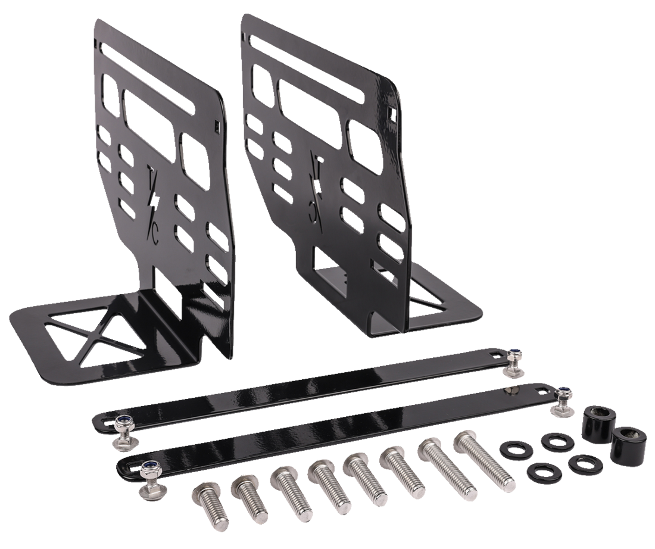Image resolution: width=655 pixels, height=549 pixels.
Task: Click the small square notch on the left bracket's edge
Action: [216, 125]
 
